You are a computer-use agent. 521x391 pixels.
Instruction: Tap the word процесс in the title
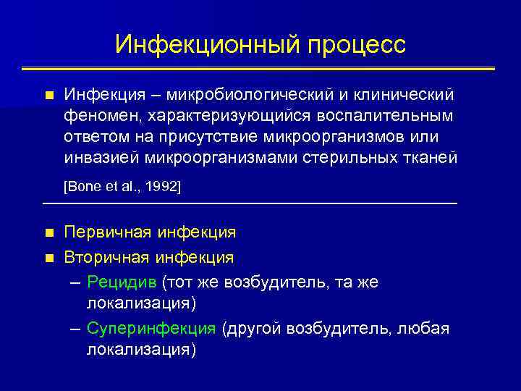coord(356,46)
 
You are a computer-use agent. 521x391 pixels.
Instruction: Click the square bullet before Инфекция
coord(48,96)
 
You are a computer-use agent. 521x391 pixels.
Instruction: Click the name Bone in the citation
coord(81,187)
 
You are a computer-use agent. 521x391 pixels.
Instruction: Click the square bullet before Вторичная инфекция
coord(48,258)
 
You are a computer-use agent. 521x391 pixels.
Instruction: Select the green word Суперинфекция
coord(151,329)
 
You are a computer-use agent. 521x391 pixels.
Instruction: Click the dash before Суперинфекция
coord(75,329)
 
